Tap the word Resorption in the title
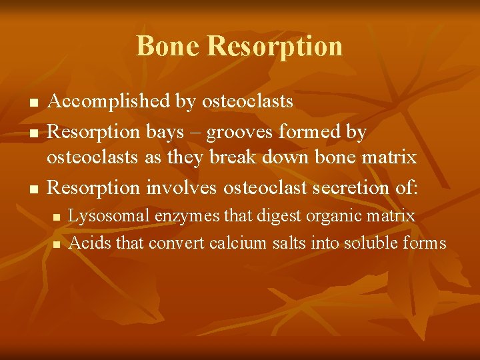click(275, 47)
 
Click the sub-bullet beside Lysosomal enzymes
click(56, 217)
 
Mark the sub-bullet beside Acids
click(56, 244)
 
